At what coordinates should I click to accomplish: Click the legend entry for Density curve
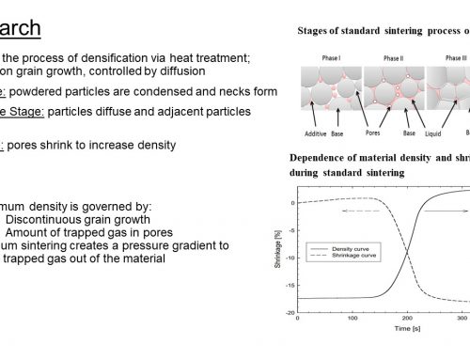point(352,247)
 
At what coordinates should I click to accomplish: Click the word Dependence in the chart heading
point(319,157)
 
